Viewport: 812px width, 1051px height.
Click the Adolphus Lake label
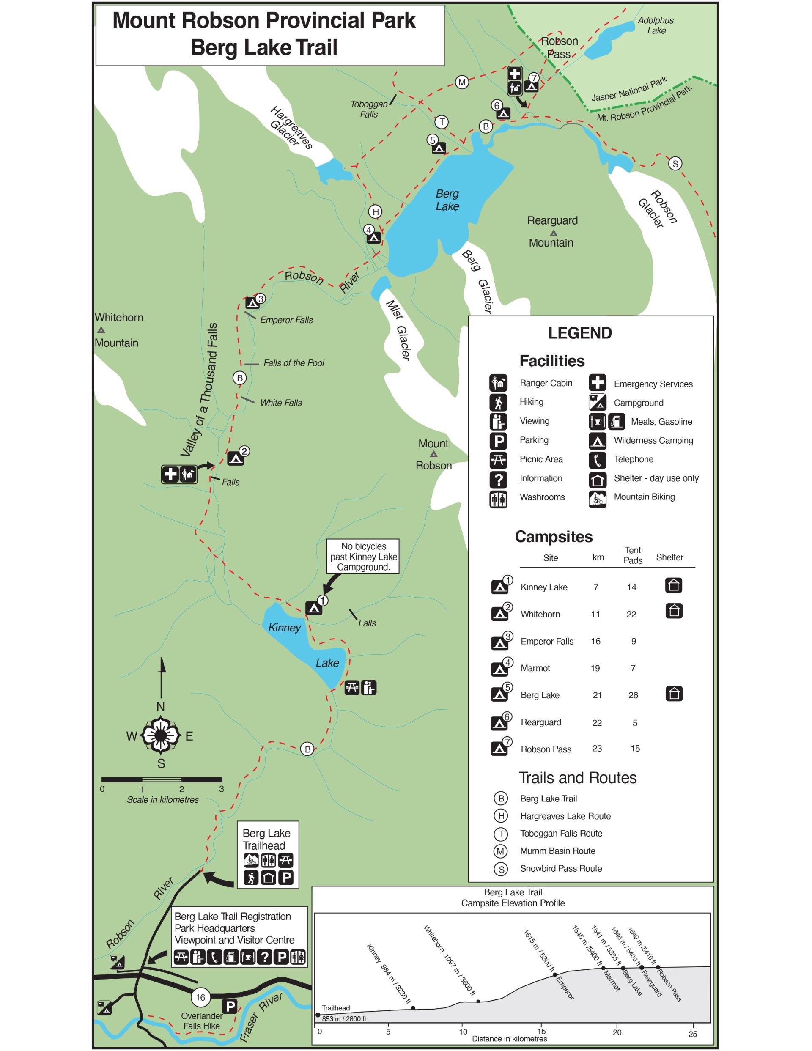coord(655,25)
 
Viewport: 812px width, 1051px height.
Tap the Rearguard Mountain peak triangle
coord(554,233)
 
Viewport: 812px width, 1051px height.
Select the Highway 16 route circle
coord(200,997)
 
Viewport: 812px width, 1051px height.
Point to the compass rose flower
coord(161,735)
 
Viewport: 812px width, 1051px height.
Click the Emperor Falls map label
coord(286,320)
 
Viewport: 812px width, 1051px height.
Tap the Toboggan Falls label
coord(369,109)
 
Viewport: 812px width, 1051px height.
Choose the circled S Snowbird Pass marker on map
coord(675,164)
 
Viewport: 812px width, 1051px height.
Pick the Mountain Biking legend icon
coord(597,499)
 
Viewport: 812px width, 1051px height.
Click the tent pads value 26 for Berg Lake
coord(633,695)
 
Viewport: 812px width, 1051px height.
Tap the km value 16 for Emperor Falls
coord(596,641)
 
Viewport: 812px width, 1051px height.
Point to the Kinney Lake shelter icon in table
coord(673,586)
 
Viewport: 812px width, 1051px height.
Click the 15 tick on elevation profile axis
coord(541,1031)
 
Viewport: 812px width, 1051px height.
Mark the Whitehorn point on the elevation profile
coord(478,1002)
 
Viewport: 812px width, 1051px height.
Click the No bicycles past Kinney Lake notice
coord(363,556)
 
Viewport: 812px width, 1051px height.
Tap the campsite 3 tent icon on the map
coord(252,303)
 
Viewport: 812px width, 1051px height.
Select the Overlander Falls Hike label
coord(202,1021)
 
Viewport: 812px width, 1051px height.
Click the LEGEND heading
coord(579,333)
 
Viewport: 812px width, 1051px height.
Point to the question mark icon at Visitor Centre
coord(264,958)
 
